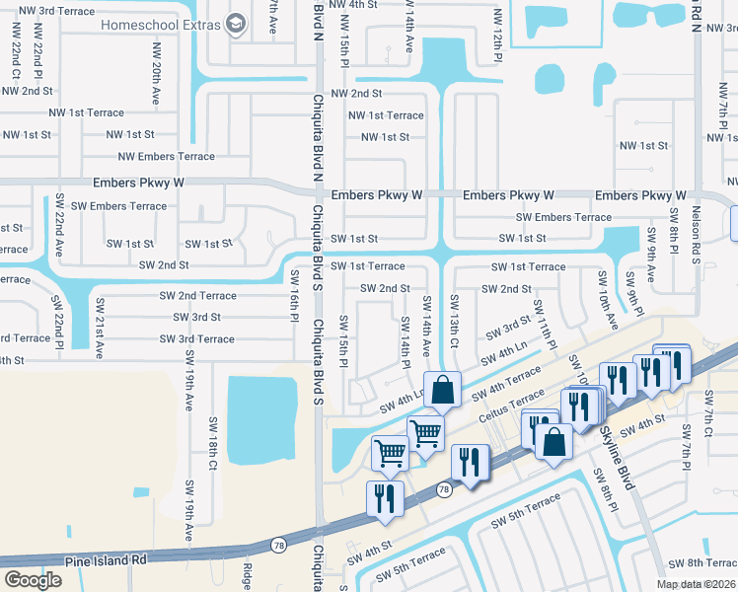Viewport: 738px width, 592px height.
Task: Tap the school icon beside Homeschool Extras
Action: (235, 23)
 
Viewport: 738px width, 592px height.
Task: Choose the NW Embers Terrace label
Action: (166, 156)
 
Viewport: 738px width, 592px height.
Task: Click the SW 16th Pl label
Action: (294, 294)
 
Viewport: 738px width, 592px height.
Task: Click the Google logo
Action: (33, 579)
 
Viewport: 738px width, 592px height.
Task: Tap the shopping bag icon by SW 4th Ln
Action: (443, 389)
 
